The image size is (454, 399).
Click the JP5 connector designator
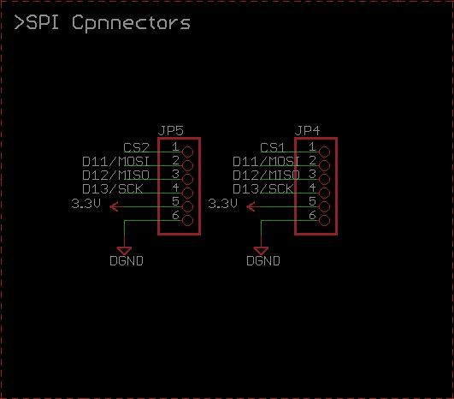tap(171, 131)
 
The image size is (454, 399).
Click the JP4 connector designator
tap(308, 131)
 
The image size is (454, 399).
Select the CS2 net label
tap(136, 147)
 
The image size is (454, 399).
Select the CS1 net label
tap(272, 147)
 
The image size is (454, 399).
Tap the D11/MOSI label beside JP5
tap(115, 161)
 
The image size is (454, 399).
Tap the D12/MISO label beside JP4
tap(266, 175)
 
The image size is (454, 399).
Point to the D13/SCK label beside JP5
tap(113, 188)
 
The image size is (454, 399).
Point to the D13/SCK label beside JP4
tap(263, 188)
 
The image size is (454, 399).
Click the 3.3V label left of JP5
tap(86, 204)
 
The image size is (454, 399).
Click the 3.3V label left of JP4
tap(222, 204)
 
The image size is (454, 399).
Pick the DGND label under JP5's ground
tap(127, 260)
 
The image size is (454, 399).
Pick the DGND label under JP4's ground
tap(263, 260)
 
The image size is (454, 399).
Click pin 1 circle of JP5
tap(187, 152)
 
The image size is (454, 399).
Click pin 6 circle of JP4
tap(324, 220)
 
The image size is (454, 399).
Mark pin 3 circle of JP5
tap(187, 179)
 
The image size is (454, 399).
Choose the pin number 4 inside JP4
tap(312, 188)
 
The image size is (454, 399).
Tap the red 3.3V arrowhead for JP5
tap(114, 206)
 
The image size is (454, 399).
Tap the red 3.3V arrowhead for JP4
tap(251, 206)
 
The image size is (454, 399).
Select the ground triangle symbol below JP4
tap(261, 251)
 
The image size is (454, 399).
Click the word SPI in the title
tap(43, 22)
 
